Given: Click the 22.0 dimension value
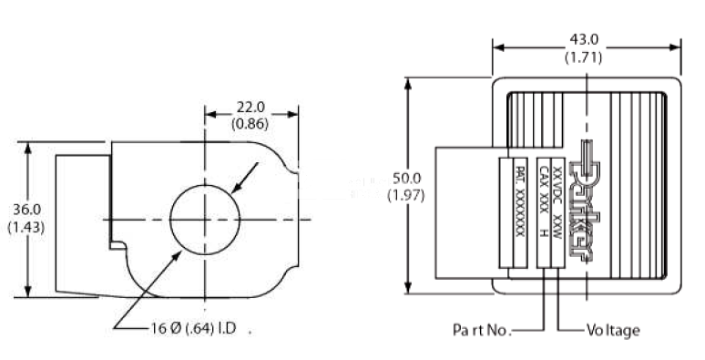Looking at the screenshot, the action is pos(250,108).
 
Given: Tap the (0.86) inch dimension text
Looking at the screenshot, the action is pos(250,124).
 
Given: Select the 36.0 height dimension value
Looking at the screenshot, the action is pos(26,210).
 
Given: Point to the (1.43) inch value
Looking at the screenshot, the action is pos(26,227).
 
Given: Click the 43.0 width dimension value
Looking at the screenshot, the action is pos(584,40).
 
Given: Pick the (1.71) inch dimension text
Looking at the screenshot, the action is pos(583,57).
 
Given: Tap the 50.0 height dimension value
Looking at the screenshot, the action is pos(406,179).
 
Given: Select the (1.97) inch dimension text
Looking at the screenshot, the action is pos(406,196).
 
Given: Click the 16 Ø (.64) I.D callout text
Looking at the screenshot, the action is pos(193,328).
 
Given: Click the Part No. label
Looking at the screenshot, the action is pos(482,330).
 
